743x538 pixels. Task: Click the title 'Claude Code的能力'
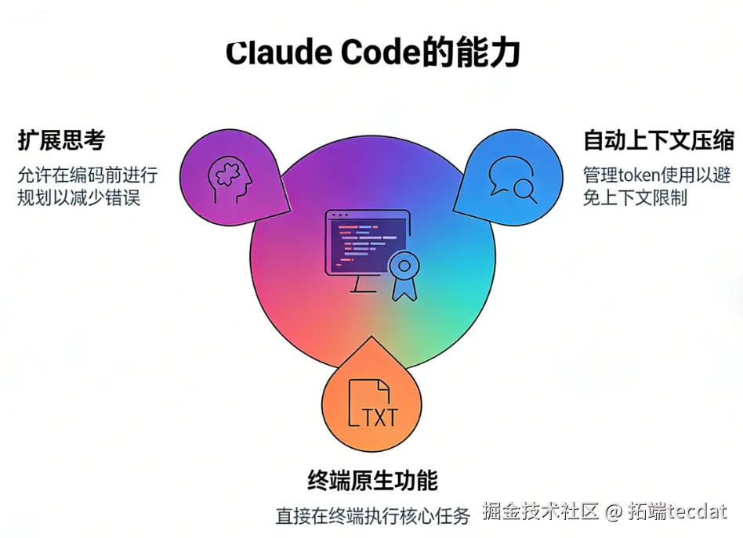372,53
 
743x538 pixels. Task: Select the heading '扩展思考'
61,140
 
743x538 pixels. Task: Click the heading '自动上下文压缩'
658,140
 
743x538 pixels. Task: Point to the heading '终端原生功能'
372,479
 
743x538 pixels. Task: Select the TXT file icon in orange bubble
373,405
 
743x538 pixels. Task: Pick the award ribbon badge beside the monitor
404,275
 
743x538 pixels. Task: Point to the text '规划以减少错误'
78,197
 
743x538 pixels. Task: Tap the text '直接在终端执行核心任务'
372,516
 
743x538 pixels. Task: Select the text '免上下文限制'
634,197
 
